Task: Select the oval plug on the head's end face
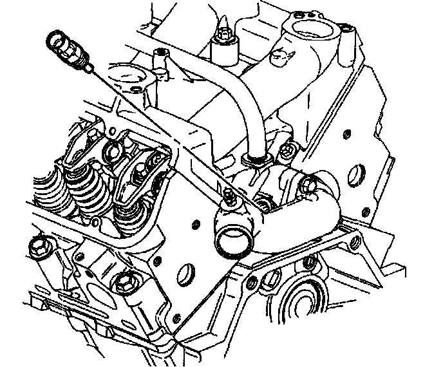pos(187,270)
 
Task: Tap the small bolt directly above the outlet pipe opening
pos(229,196)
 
